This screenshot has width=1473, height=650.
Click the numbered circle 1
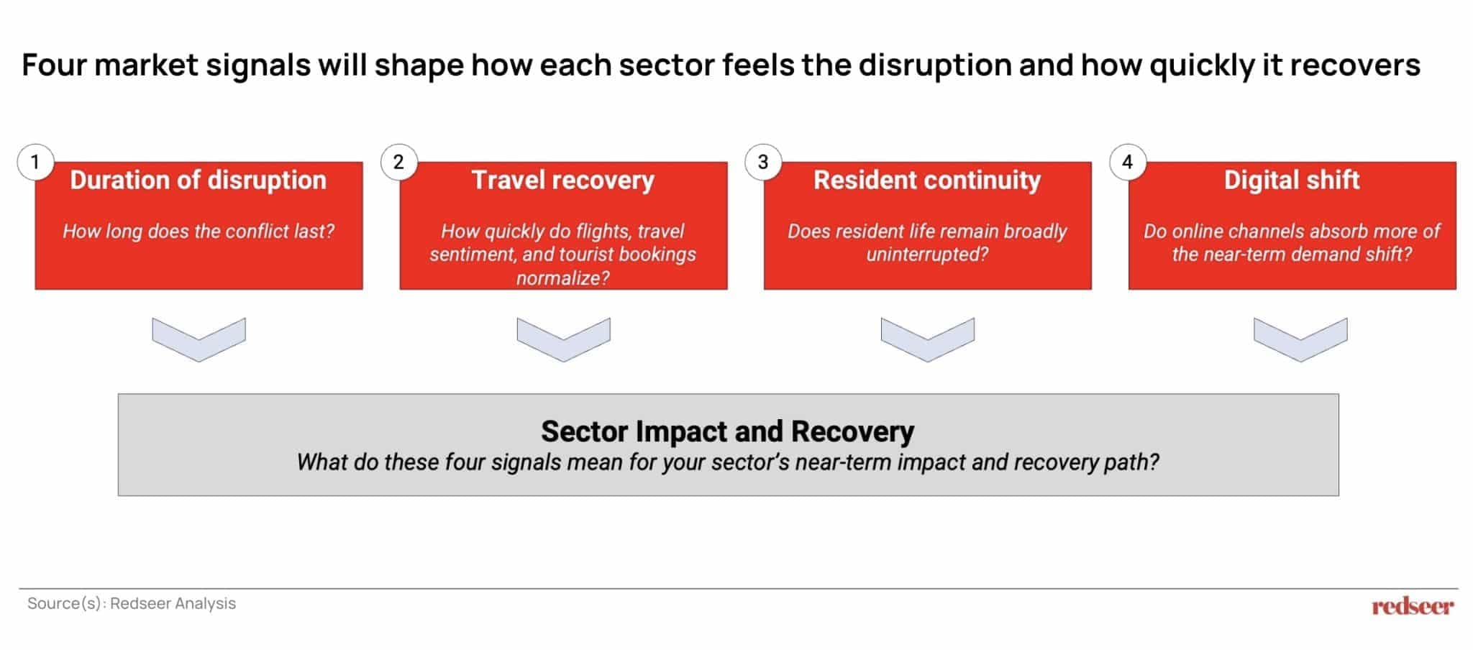(35, 162)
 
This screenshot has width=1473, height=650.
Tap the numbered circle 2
(399, 162)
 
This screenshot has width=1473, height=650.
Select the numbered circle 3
(763, 162)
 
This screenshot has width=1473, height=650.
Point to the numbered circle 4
(1128, 162)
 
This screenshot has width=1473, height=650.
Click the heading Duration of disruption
(199, 180)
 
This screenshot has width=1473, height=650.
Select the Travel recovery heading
(563, 180)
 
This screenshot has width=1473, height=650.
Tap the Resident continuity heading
(927, 180)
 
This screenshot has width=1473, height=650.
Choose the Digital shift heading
(1292, 180)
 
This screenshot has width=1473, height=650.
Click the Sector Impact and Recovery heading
(728, 431)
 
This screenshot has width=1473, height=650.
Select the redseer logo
(1413, 606)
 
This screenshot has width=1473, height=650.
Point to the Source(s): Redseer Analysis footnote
(132, 603)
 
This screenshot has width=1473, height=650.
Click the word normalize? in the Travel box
(563, 278)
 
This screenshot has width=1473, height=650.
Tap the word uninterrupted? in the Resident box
(927, 255)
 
